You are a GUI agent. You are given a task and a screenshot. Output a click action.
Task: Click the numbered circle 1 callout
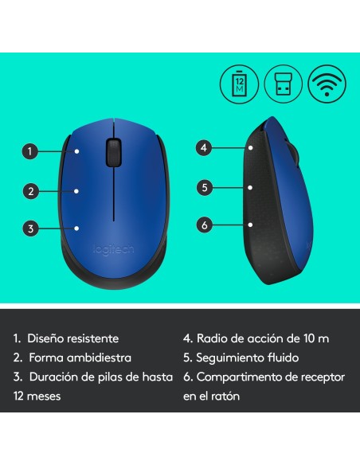30,150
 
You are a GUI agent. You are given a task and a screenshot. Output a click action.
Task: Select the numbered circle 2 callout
30,190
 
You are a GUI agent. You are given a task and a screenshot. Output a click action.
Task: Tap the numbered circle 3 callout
30,229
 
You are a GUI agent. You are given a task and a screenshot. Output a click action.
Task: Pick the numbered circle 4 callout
205,147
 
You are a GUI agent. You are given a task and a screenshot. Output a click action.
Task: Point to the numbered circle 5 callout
205,187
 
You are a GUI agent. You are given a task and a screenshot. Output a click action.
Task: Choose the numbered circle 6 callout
205,225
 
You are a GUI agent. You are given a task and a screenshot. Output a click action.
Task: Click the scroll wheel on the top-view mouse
114,150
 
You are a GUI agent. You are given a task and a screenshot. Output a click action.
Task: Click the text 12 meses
37,396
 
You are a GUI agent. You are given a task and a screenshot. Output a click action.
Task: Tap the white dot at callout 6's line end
250,225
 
